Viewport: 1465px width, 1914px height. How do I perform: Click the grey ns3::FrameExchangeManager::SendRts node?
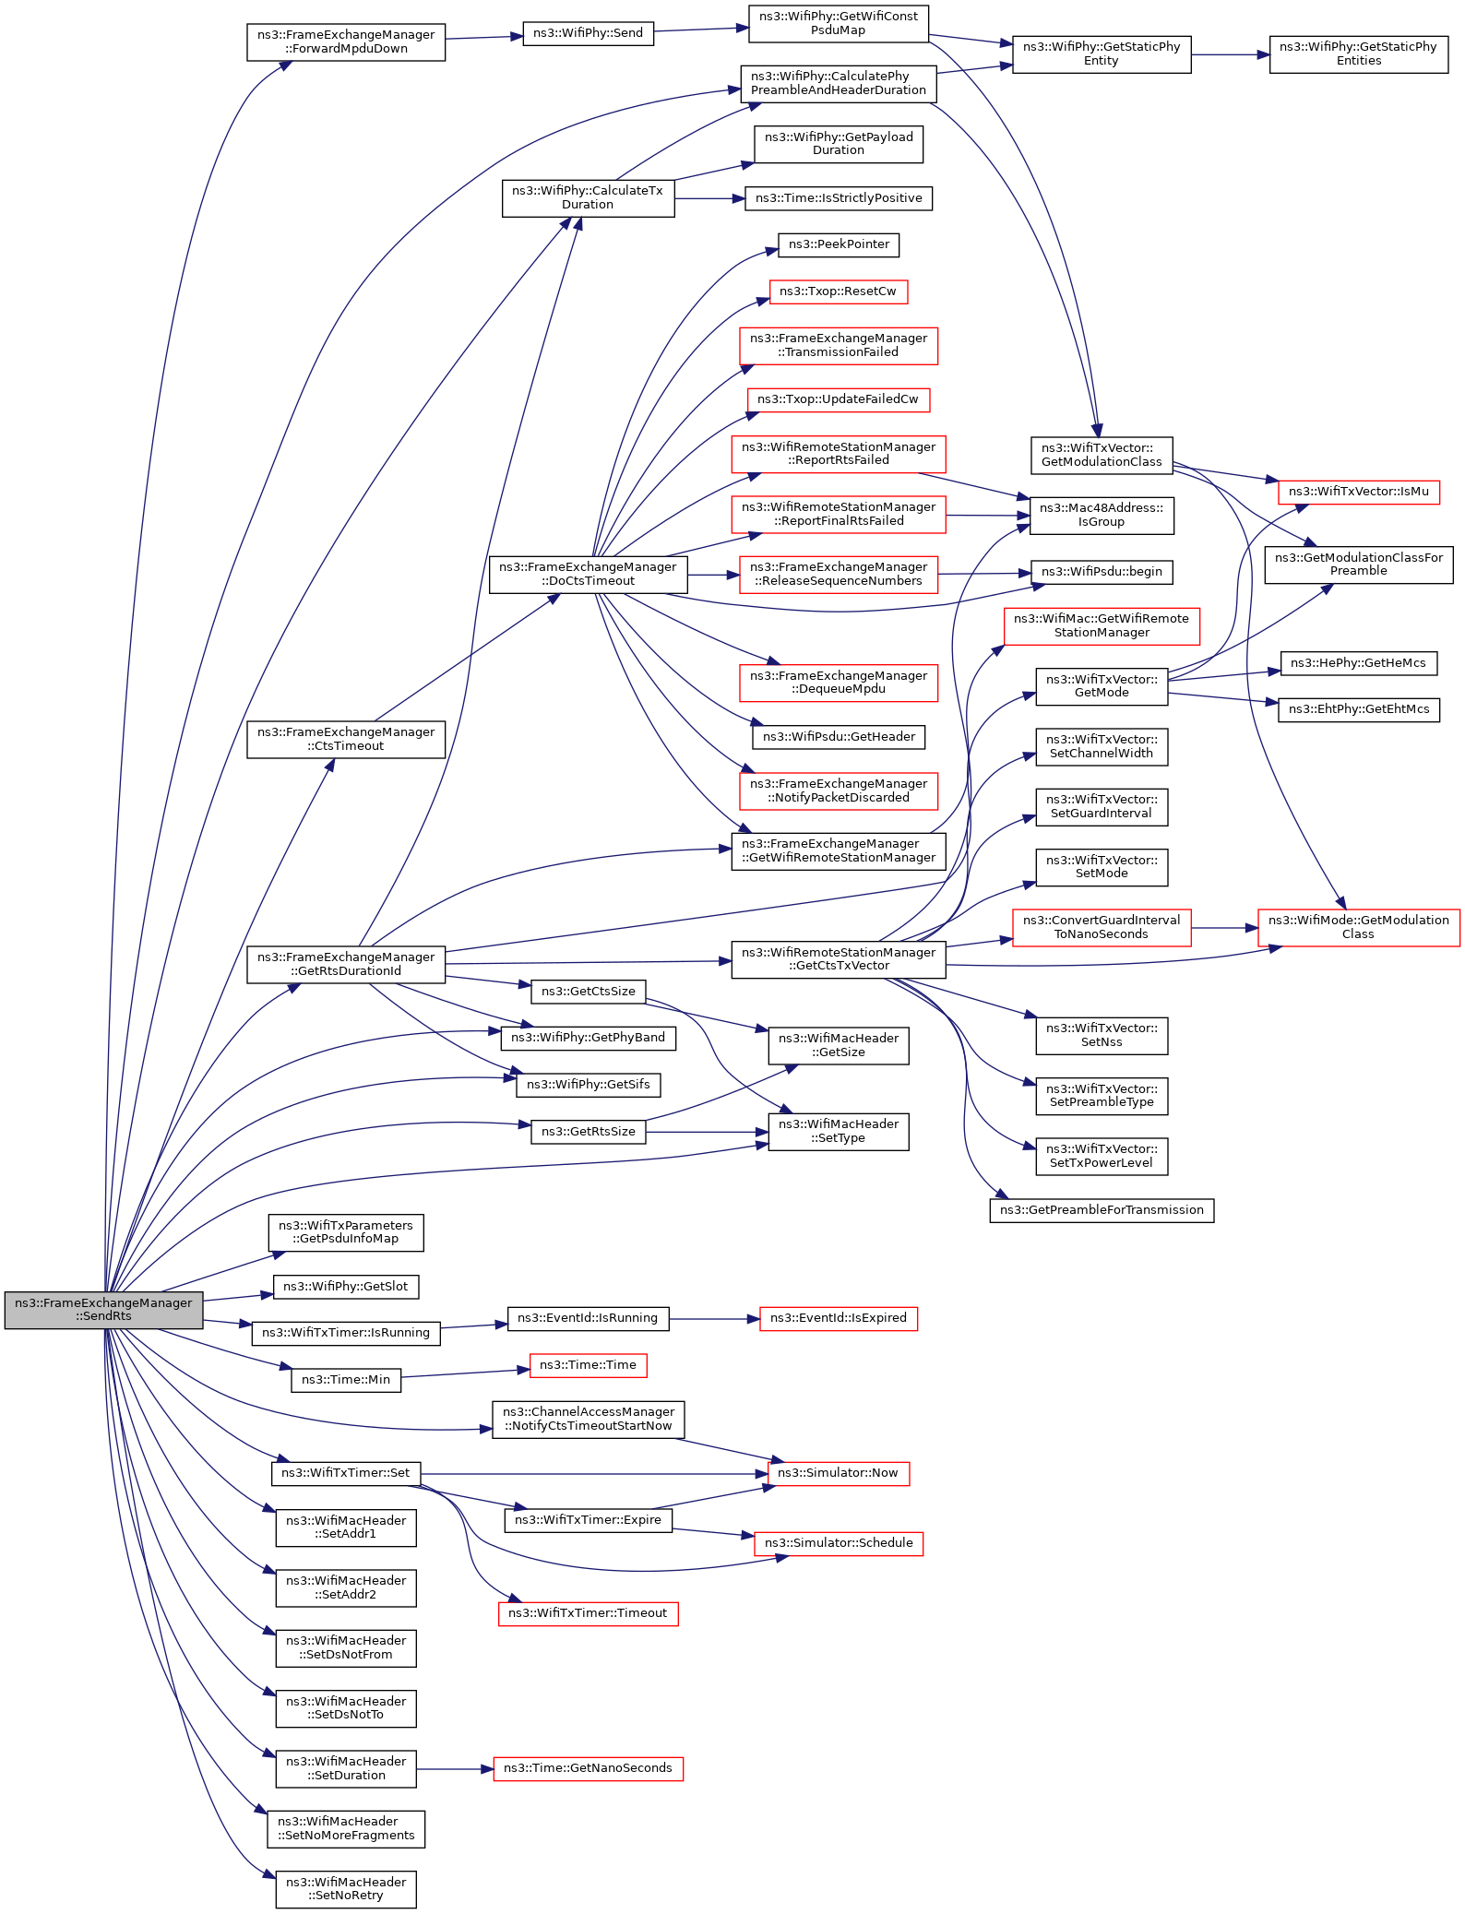click(x=103, y=1310)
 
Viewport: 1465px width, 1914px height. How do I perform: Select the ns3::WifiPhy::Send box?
click(x=588, y=33)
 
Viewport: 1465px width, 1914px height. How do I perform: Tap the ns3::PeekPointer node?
click(x=839, y=244)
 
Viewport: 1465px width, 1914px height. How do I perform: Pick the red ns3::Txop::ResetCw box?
click(x=838, y=291)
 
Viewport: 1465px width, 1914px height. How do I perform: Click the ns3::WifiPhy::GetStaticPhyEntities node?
click(x=1358, y=54)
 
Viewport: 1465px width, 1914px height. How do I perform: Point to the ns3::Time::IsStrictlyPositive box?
click(x=839, y=198)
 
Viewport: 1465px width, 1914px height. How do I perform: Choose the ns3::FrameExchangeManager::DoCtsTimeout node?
click(x=588, y=575)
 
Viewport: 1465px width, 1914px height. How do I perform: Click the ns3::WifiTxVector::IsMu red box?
click(x=1358, y=492)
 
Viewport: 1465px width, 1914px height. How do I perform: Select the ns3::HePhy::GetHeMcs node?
click(x=1358, y=663)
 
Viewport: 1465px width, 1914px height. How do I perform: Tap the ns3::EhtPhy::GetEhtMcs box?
click(x=1358, y=709)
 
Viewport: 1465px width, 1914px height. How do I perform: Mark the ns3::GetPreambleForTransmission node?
click(x=1102, y=1210)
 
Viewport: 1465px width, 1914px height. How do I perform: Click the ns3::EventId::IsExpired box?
click(x=838, y=1318)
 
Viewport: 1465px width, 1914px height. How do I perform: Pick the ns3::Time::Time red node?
click(x=588, y=1365)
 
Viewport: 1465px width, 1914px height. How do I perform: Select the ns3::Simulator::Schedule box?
click(x=838, y=1543)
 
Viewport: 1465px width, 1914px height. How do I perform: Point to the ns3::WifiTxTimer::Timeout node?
click(x=588, y=1613)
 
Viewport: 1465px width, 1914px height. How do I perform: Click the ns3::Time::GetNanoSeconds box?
click(x=588, y=1768)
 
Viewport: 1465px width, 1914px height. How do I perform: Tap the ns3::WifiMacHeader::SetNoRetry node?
click(x=346, y=1889)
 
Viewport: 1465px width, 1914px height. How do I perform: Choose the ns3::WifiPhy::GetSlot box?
click(x=346, y=1287)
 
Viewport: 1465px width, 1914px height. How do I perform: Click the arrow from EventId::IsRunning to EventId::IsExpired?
click(x=714, y=1319)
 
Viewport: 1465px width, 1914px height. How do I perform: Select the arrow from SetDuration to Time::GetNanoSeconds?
click(x=455, y=1769)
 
